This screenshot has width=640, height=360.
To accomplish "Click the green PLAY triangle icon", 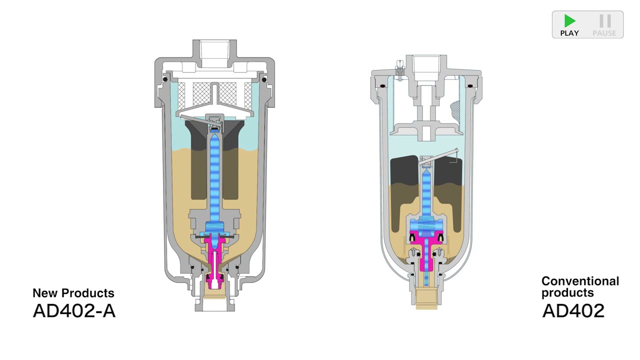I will pos(569,20).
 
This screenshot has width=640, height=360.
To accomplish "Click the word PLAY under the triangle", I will pos(569,33).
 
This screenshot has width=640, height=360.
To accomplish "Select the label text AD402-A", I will pos(74,310).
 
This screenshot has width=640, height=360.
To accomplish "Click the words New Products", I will pos(73,293).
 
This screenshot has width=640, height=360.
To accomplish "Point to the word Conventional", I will pos(580,281).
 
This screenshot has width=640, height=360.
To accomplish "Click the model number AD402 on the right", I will pos(573,310).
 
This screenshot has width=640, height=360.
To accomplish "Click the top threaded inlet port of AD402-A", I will pos(214,50).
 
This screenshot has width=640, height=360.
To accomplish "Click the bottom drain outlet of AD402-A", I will pos(214,302).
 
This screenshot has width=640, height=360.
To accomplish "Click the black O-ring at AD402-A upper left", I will pos(164,79).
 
